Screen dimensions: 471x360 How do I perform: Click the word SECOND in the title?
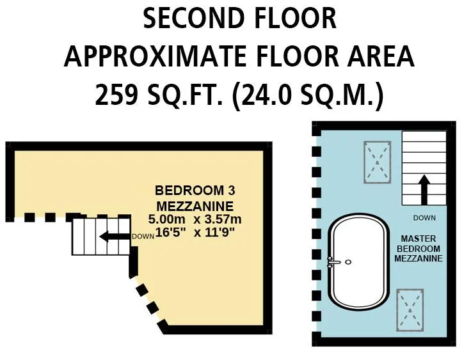click(x=193, y=19)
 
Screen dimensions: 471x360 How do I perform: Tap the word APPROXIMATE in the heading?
click(x=156, y=56)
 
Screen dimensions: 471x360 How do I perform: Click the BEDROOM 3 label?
click(x=195, y=191)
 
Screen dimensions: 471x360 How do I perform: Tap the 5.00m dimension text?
click(x=167, y=219)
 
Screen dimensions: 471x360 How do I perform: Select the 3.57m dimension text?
click(x=223, y=219)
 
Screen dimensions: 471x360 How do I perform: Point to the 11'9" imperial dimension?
click(x=220, y=232)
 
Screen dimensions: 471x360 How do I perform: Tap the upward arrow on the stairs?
click(x=424, y=190)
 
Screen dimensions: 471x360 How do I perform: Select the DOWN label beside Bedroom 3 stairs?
click(x=143, y=237)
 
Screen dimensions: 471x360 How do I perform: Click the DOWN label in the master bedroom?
click(x=424, y=218)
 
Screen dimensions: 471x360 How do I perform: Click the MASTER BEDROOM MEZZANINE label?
click(x=419, y=249)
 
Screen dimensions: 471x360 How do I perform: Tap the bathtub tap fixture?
click(x=333, y=262)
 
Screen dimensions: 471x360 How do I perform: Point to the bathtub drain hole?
click(x=348, y=262)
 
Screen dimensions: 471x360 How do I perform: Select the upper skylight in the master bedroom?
click(x=378, y=162)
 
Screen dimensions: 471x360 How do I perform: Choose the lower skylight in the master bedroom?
click(x=410, y=311)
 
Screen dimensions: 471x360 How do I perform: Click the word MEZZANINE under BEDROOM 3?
click(x=195, y=207)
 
